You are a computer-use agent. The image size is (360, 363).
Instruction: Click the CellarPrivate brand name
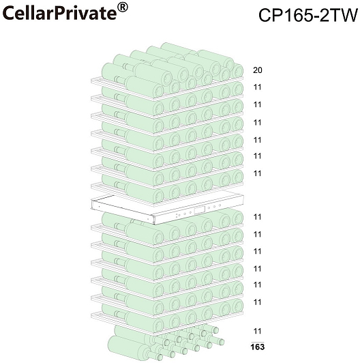(x=60, y=13)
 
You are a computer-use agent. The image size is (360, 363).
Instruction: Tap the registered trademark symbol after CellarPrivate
(x=123, y=8)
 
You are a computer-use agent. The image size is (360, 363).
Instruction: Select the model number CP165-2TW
(x=307, y=15)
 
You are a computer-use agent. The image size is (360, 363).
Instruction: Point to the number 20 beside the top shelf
(x=258, y=70)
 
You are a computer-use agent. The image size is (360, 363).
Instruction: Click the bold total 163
(x=258, y=347)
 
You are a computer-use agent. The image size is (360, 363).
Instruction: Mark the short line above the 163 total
(x=258, y=342)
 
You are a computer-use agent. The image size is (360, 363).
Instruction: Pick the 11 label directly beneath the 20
(x=258, y=87)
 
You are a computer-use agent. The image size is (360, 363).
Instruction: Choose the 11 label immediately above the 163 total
(x=258, y=331)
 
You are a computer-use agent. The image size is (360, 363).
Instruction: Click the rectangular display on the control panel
(x=200, y=210)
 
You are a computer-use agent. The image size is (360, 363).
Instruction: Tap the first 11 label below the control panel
(x=258, y=217)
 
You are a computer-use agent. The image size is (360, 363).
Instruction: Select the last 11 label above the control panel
(x=258, y=173)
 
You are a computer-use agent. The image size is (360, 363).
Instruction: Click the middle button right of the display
(x=214, y=207)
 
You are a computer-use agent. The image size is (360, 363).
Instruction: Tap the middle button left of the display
(x=184, y=214)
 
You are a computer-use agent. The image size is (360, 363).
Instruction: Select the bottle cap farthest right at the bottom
(x=222, y=342)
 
